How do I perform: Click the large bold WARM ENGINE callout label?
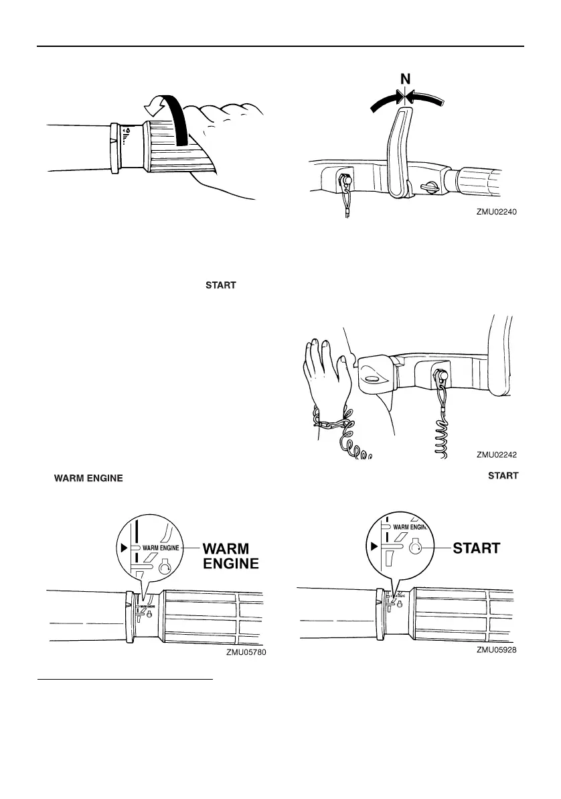230,556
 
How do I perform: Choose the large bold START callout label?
477,548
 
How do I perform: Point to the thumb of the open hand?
345,365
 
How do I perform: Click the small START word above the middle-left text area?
220,285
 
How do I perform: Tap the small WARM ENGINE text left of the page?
88,479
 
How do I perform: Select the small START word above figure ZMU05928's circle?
503,476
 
